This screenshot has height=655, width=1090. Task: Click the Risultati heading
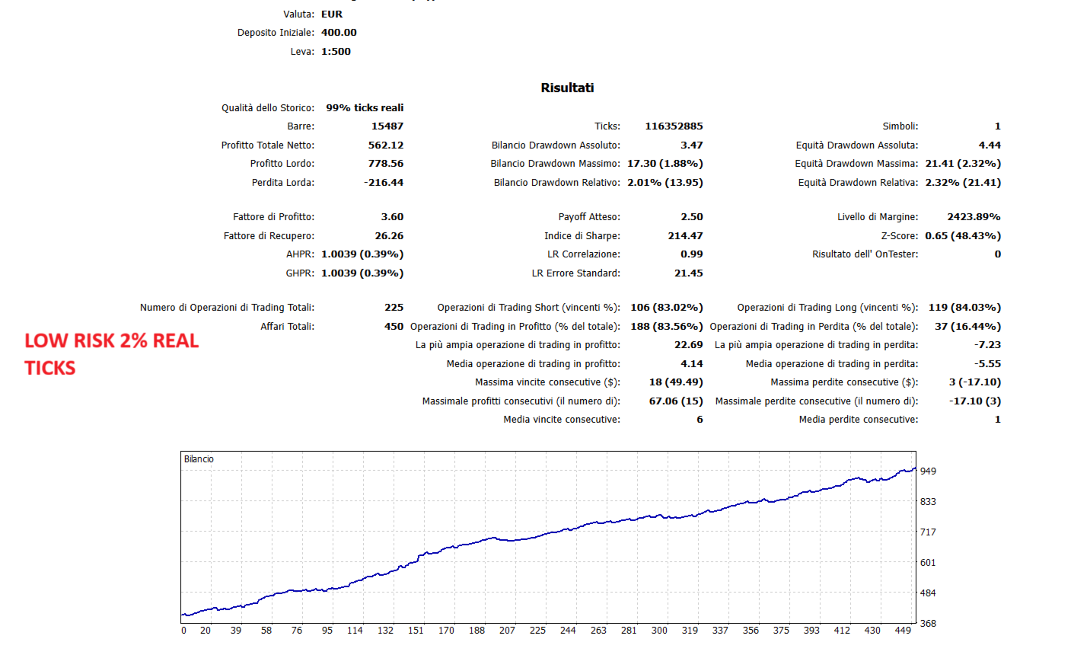567,88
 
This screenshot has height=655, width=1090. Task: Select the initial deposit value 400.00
339,33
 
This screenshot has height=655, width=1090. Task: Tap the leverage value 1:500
336,52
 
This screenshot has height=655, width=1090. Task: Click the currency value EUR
332,14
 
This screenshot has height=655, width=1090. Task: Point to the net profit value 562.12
386,145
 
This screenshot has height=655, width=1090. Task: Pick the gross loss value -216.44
384,183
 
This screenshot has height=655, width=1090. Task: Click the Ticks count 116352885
674,126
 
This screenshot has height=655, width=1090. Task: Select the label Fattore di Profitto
273,217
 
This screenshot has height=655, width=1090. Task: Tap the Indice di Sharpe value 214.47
685,235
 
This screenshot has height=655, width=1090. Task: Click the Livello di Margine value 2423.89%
974,217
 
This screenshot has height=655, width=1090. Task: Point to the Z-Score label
899,235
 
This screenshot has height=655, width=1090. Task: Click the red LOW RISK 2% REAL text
111,341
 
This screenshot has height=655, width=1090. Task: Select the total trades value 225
394,307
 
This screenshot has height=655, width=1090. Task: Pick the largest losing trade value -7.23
987,345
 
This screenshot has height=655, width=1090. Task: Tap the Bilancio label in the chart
199,459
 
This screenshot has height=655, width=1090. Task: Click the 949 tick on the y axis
928,471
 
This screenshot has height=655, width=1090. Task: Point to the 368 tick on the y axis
928,623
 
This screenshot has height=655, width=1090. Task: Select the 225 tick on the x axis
537,631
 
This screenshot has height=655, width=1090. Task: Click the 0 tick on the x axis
183,631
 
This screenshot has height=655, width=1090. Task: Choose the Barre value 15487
387,126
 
